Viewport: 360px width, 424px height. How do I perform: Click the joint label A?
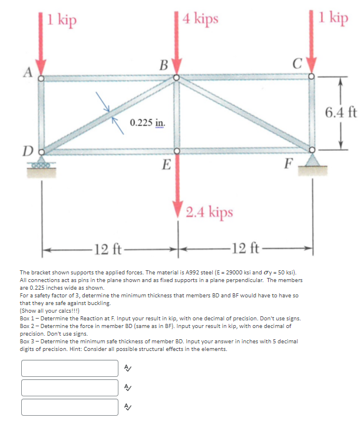click(x=27, y=72)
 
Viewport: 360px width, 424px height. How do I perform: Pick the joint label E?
click(x=167, y=164)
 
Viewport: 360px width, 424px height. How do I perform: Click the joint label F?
click(x=288, y=163)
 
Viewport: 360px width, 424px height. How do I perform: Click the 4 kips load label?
click(x=200, y=18)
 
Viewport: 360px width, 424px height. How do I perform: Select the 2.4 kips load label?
click(x=209, y=211)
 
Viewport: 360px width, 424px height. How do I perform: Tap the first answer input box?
click(x=70, y=368)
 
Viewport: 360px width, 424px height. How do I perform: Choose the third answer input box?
click(x=70, y=407)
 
